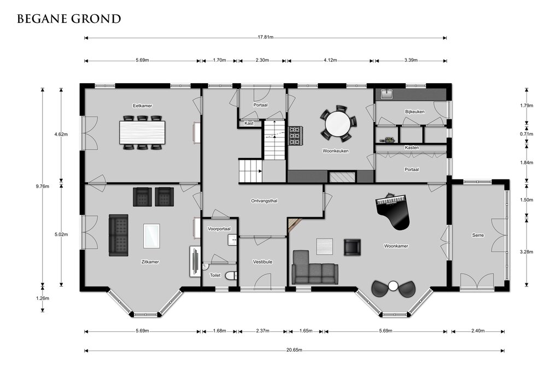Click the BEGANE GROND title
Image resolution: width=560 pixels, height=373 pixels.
pos(69,19)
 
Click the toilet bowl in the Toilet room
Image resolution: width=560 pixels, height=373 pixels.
pos(232,276)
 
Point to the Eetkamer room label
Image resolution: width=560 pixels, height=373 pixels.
pos(143,106)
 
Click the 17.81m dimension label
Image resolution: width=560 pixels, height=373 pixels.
pos(266,37)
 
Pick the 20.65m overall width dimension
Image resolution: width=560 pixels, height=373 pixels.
pos(294,350)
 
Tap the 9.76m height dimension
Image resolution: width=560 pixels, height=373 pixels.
pos(43,186)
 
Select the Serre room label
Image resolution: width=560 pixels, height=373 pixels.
pos(478,235)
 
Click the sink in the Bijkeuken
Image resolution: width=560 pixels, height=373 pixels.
pos(387,94)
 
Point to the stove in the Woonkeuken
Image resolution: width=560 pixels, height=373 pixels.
pos(295,136)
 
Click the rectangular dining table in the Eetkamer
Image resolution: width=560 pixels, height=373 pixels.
pos(143,132)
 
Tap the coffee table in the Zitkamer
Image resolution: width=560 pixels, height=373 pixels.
pos(151,236)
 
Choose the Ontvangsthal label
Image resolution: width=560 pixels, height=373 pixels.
pos(264,201)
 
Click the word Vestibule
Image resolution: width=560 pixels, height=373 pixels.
pos(262,262)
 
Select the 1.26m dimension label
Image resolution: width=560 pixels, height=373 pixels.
pos(43,298)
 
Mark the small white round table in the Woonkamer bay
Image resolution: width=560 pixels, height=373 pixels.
pos(393,286)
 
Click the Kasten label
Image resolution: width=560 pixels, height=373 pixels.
pos(412,148)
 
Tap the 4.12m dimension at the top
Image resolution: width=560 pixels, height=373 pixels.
pos(330,60)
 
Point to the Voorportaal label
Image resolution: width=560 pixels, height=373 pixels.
pos(219,229)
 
